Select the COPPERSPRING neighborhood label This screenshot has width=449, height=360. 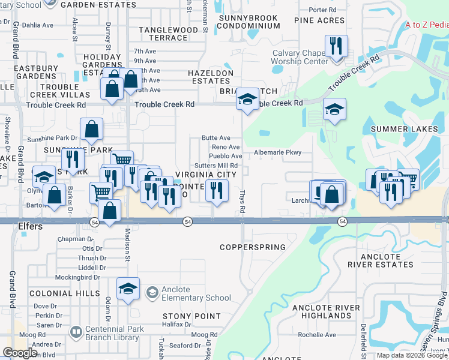click(x=252, y=247)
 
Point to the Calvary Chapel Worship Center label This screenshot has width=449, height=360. click(x=300, y=57)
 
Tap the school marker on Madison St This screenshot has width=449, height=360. click(x=128, y=290)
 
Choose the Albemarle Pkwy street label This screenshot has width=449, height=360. click(x=277, y=152)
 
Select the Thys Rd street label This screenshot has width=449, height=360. click(x=243, y=202)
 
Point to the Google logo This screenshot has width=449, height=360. click(x=20, y=353)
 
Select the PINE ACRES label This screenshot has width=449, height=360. click(x=319, y=20)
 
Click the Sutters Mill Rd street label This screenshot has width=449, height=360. click(x=216, y=166)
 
